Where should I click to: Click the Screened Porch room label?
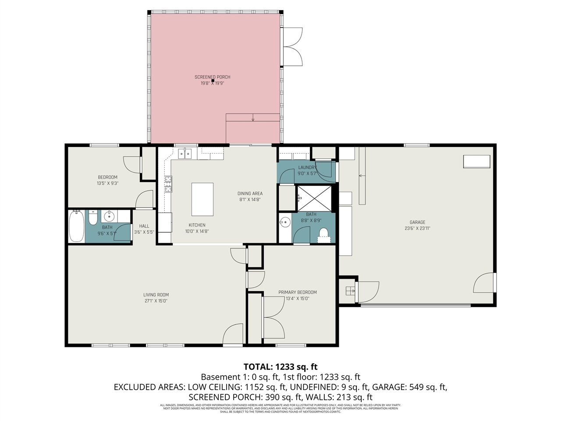[x=212, y=77]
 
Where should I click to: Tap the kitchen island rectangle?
[x=202, y=200]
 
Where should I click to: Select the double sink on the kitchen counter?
[x=186, y=153]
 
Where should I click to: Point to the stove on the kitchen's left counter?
[x=168, y=184]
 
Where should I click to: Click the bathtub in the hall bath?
[x=76, y=226]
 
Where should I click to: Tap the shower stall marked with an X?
[x=314, y=198]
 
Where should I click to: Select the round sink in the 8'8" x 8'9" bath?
[x=285, y=222]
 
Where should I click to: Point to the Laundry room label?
[x=307, y=168]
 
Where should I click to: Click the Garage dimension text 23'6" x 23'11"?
[x=417, y=228]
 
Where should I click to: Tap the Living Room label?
[x=156, y=295]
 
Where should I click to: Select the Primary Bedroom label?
[x=298, y=292]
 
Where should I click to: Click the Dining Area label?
[x=250, y=193]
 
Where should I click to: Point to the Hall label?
[x=144, y=226]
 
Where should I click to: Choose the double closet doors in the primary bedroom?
[x=273, y=318]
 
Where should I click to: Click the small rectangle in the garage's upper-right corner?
[x=477, y=161]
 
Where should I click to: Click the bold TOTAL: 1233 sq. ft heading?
[x=280, y=367]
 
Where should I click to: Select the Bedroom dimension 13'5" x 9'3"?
[x=107, y=183]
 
